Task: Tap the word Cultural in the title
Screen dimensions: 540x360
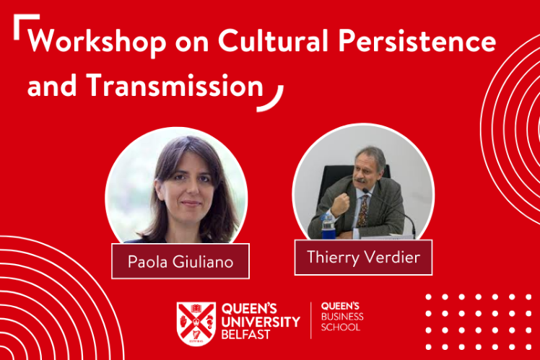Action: click(x=273, y=40)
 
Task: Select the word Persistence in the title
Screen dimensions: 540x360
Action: click(x=417, y=40)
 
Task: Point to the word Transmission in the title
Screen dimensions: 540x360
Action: click(x=175, y=84)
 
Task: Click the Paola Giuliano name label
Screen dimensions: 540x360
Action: click(x=180, y=261)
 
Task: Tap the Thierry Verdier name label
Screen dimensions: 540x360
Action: click(x=363, y=257)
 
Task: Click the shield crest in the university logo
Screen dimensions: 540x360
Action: click(x=196, y=324)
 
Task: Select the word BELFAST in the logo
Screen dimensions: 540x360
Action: click(x=245, y=335)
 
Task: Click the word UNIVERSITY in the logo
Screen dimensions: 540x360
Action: click(x=261, y=322)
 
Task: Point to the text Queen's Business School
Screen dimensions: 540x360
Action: click(x=342, y=317)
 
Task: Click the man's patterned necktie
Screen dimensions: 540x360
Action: click(x=362, y=211)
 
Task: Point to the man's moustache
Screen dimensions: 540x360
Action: click(x=360, y=180)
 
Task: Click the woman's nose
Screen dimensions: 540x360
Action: click(x=192, y=188)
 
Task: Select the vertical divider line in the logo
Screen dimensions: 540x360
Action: click(x=311, y=321)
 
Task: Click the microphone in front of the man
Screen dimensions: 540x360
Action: click(x=389, y=211)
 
